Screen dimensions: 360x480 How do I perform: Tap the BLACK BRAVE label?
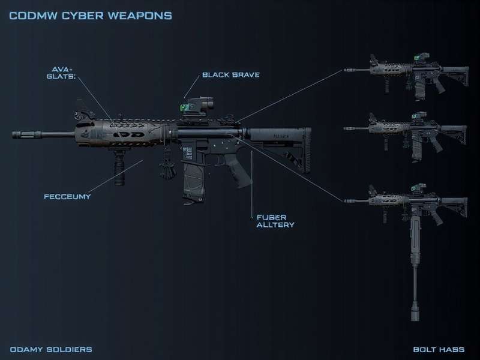click(230, 75)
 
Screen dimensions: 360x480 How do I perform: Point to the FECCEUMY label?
click(67, 196)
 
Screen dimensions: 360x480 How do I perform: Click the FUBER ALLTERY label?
click(272, 220)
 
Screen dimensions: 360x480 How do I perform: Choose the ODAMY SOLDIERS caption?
click(51, 349)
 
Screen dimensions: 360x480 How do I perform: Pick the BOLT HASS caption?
click(441, 349)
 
